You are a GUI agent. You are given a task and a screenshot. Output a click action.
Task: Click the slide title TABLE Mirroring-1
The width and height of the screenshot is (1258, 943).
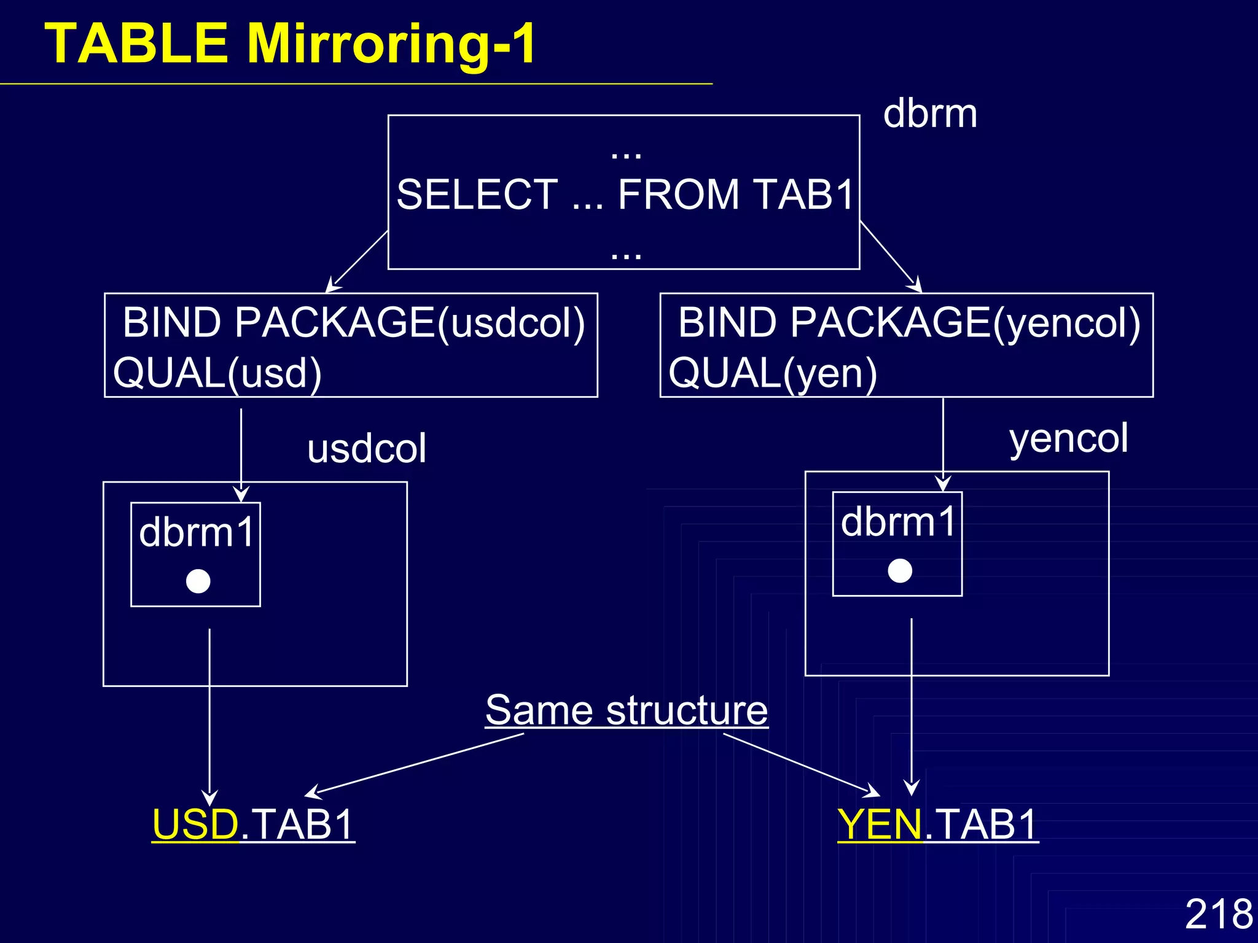pyautogui.click(x=291, y=44)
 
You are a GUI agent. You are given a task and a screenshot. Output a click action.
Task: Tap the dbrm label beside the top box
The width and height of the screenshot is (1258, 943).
pyautogui.click(x=929, y=114)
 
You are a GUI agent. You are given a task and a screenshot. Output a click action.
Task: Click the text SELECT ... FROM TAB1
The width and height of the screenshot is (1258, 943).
pyautogui.click(x=625, y=195)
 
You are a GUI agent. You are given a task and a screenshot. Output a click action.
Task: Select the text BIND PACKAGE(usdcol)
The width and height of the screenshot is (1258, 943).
pyautogui.click(x=353, y=322)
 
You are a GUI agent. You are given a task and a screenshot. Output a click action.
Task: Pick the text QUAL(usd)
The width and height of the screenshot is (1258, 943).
pyautogui.click(x=217, y=373)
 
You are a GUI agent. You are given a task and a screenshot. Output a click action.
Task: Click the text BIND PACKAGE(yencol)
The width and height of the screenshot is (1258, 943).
pyautogui.click(x=909, y=322)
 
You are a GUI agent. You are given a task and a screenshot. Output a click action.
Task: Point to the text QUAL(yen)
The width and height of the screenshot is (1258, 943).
pyautogui.click(x=773, y=373)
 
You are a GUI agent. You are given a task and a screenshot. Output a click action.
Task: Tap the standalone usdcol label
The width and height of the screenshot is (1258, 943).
pyautogui.click(x=367, y=448)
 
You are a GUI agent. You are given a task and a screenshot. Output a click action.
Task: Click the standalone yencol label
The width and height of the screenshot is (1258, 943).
pyautogui.click(x=1068, y=438)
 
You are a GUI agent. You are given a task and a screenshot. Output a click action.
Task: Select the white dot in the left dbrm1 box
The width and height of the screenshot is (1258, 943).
pyautogui.click(x=198, y=581)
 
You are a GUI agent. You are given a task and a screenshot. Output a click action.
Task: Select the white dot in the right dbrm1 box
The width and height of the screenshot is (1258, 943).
pyautogui.click(x=900, y=570)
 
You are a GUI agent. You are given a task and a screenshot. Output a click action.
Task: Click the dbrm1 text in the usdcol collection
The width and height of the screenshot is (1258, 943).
pyautogui.click(x=197, y=532)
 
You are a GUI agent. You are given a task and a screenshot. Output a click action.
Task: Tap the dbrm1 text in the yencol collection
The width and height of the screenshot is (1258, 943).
pyautogui.click(x=898, y=522)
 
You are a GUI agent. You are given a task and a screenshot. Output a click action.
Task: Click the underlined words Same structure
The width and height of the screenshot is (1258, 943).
pyautogui.click(x=627, y=710)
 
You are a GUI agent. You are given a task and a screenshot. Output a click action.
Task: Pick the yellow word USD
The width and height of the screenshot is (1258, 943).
pyautogui.click(x=195, y=824)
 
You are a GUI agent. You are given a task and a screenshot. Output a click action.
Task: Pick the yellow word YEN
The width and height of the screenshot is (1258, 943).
pyautogui.click(x=880, y=824)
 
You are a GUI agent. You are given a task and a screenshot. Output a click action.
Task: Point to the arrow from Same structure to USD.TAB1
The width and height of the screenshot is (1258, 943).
pyautogui.click(x=415, y=765)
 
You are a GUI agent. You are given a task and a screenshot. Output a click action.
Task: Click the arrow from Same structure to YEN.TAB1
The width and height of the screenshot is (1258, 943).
pyautogui.click(x=802, y=764)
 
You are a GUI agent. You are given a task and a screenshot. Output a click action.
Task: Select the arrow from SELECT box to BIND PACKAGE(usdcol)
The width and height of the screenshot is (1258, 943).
pyautogui.click(x=358, y=260)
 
